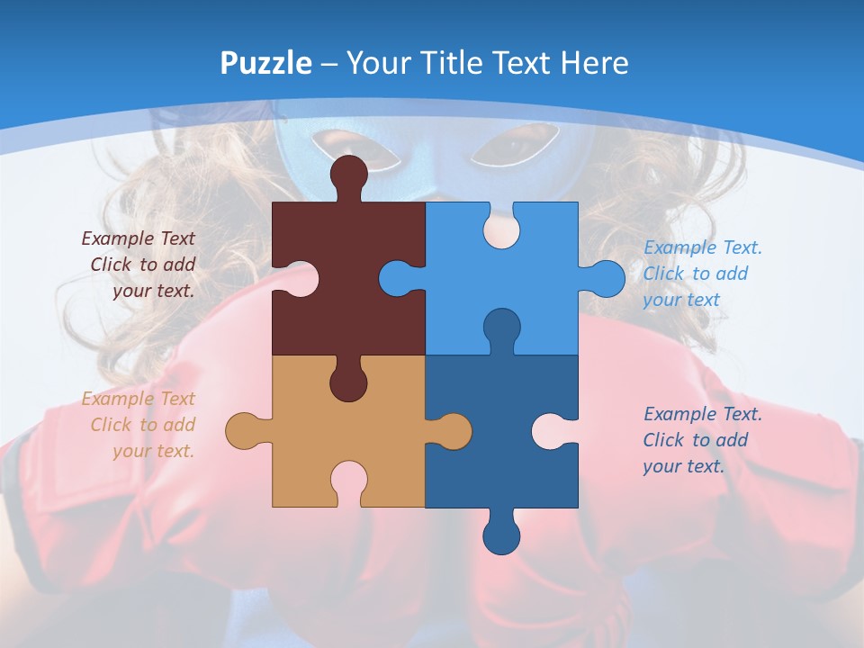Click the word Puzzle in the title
pos(266,63)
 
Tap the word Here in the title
pos(594,63)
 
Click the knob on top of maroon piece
pos(349,175)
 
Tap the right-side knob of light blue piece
pos(606,278)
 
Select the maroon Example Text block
pos(139,265)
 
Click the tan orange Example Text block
pos(139,425)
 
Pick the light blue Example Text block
pos(702,274)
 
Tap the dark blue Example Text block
pos(702,440)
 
